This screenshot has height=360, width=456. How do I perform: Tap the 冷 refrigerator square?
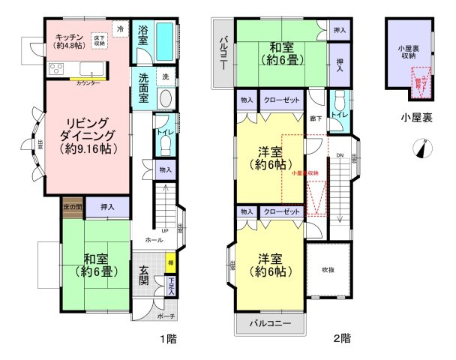pyautogui.click(x=121, y=28)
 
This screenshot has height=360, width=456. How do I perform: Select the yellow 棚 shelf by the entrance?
pyautogui.click(x=172, y=264)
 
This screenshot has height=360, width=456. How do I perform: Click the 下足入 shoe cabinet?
pyautogui.click(x=172, y=287)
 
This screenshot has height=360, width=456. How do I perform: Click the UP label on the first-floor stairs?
pyautogui.click(x=163, y=230)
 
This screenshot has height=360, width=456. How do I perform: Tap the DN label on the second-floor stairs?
pyautogui.click(x=339, y=156)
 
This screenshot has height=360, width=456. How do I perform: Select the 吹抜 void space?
pyautogui.click(x=328, y=269)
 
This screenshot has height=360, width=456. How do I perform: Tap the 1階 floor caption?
pyautogui.click(x=168, y=338)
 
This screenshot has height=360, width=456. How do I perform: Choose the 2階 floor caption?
pyautogui.click(x=341, y=338)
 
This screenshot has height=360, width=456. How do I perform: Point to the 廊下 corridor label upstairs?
pyautogui.click(x=316, y=118)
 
